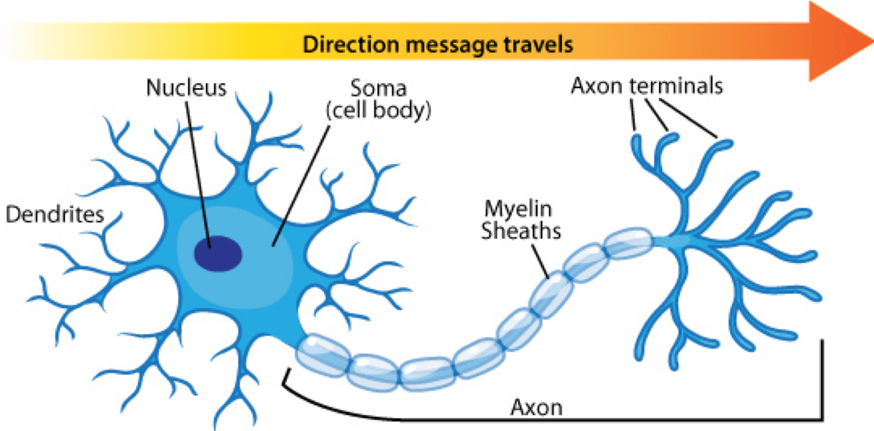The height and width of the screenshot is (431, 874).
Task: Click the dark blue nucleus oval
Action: pos(218,253)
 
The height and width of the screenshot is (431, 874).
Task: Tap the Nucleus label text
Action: pos(186,87)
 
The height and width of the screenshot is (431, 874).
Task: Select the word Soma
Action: pos(379,88)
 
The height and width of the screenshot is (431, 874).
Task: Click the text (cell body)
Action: pos(379,110)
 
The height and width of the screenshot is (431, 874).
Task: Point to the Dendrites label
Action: pos(55,214)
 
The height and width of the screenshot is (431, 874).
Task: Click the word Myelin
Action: pos(518,209)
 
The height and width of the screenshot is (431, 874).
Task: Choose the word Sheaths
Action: pos(521,231)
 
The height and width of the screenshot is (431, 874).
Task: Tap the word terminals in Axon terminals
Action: pos(676,86)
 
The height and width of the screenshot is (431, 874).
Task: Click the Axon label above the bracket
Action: pos(537,408)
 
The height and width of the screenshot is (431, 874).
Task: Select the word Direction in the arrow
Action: pos(352,44)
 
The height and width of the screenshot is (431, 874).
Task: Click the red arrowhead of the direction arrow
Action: pos(839,41)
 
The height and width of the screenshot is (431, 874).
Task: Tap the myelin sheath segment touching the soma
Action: pos(323,355)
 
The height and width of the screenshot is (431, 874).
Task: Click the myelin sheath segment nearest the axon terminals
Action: pos(628,242)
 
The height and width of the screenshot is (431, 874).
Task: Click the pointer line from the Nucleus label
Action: pos(198,175)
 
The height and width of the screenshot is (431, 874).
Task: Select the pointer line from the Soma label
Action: pos(301,186)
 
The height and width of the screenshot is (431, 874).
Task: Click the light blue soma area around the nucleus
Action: pos(265,273)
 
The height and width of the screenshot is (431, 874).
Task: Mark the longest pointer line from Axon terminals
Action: pos(688,119)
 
